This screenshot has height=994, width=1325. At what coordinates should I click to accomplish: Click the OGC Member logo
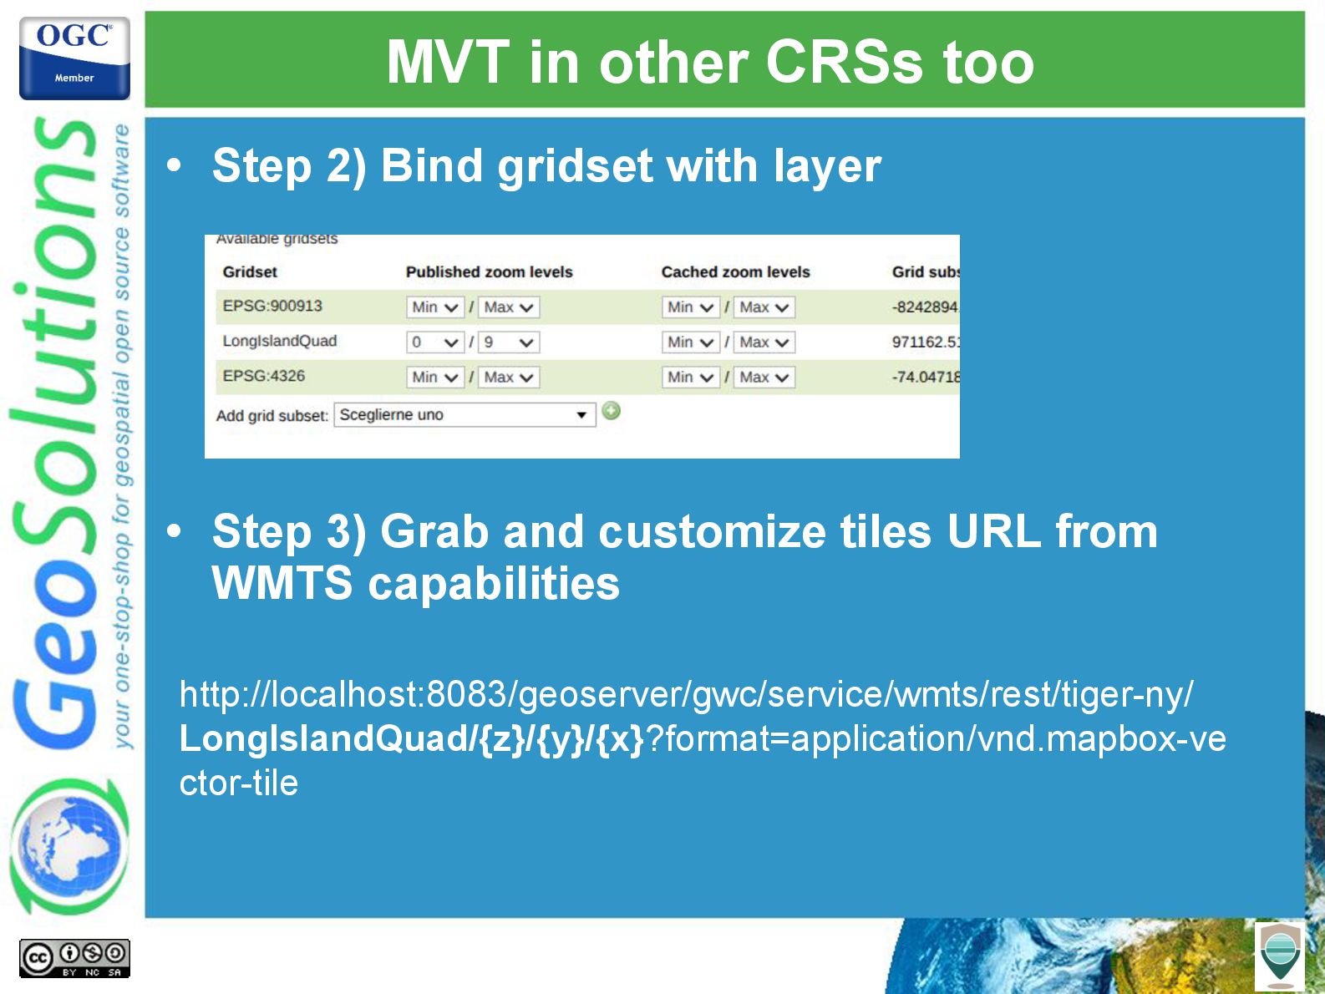coord(74,58)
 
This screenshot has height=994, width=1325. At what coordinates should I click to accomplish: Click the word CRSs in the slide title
coord(845,62)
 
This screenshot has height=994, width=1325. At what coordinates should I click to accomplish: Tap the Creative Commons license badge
coord(74,958)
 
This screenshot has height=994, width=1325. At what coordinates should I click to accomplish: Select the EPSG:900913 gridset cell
coord(272,306)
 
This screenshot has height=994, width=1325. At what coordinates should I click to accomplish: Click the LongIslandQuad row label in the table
coord(280,341)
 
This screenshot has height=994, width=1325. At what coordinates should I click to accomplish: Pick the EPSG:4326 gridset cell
coord(264,376)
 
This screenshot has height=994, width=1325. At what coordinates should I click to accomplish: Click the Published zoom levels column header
coord(489,272)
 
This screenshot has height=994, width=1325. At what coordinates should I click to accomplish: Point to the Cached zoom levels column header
coord(735,272)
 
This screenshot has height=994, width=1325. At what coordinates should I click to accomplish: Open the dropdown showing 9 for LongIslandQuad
coord(509,342)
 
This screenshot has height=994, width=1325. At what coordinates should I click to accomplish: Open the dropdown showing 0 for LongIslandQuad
coord(434,342)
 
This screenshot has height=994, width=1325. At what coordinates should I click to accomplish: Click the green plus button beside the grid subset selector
coord(611,411)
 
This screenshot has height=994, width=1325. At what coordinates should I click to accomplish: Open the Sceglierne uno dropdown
coord(465,414)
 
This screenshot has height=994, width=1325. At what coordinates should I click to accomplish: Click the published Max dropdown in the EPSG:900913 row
coord(509,307)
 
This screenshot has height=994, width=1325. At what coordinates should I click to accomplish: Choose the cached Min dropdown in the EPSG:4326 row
coord(690,378)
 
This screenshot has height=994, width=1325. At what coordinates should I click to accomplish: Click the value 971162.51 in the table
coord(926,342)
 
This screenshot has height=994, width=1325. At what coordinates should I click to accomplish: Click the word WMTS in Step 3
coord(282,583)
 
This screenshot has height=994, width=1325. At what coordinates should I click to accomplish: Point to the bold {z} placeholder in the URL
coord(502,739)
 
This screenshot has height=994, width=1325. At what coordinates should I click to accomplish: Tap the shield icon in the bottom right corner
coord(1280,956)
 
